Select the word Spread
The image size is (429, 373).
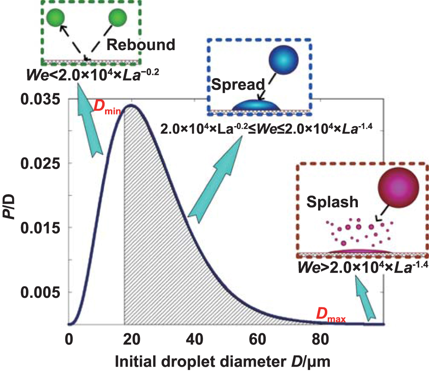point(238,85)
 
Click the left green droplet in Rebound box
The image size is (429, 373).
point(55,18)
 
